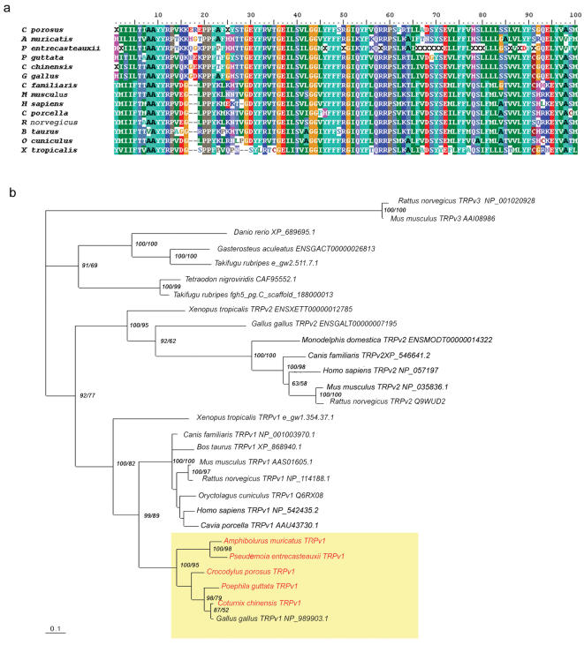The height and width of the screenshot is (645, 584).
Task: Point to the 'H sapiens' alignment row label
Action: coord(48,103)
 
